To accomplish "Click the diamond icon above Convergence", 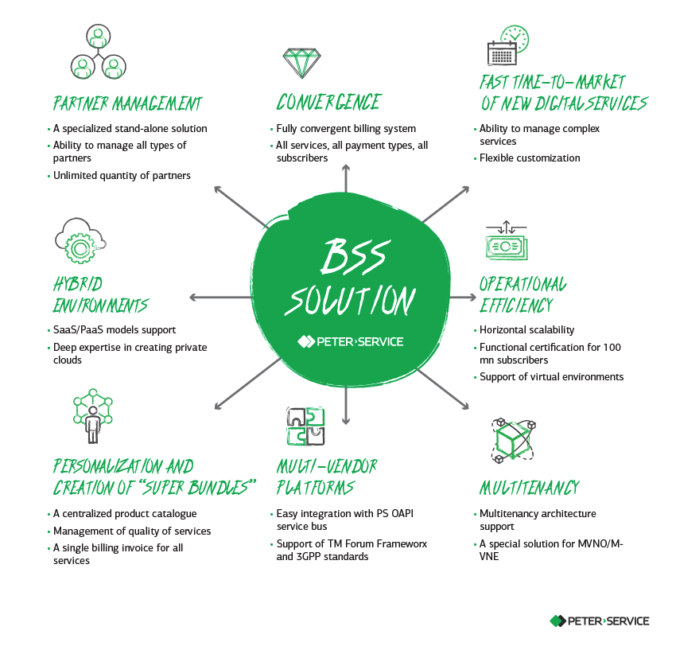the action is pyautogui.click(x=301, y=63).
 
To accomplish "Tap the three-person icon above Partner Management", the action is pyautogui.click(x=99, y=52).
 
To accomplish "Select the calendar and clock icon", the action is pyautogui.click(x=508, y=45).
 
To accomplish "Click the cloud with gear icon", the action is pyautogui.click(x=80, y=241).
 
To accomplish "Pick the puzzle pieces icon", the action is pyautogui.click(x=305, y=426).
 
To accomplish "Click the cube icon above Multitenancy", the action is pyautogui.click(x=514, y=441).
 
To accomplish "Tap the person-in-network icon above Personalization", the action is pyautogui.click(x=93, y=416).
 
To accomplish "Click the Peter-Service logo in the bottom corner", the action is pyautogui.click(x=600, y=621).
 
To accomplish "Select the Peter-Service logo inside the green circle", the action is pyautogui.click(x=351, y=341).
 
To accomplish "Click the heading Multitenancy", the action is pyautogui.click(x=530, y=488).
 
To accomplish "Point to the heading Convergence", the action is pyautogui.click(x=328, y=103).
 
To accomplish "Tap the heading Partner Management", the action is pyautogui.click(x=127, y=103).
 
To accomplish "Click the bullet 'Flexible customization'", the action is pyautogui.click(x=530, y=158).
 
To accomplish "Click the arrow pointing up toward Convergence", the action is pyautogui.click(x=346, y=178).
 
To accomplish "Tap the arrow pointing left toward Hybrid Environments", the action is pyautogui.click(x=220, y=298).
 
